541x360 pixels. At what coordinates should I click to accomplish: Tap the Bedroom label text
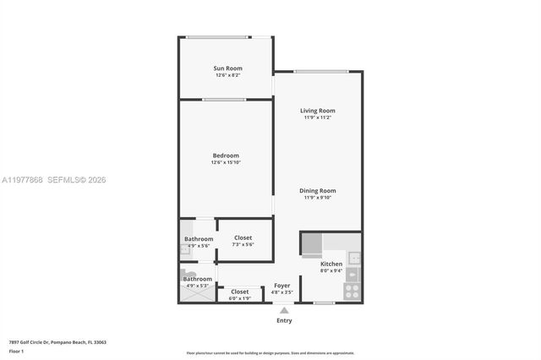point(226,155)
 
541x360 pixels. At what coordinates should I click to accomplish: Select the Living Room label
point(318,111)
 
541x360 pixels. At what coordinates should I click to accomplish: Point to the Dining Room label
point(318,191)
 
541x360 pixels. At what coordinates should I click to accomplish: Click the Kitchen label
point(331,264)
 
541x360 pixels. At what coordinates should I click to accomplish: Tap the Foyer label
point(282,286)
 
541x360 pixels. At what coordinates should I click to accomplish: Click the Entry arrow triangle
point(284,310)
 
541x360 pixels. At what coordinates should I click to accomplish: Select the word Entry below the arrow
point(284,320)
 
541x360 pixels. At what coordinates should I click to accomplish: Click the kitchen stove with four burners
point(352,290)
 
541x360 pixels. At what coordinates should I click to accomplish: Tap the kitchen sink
point(354,258)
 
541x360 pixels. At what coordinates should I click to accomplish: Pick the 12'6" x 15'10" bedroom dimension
point(226,162)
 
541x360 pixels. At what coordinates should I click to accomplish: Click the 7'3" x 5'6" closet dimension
point(243,245)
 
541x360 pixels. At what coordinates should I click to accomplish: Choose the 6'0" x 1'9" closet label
point(239,298)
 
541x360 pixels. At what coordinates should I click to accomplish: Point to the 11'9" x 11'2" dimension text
point(318,117)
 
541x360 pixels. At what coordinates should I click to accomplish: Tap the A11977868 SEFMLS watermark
point(54,180)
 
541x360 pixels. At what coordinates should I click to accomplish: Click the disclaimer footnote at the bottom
point(270,353)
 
